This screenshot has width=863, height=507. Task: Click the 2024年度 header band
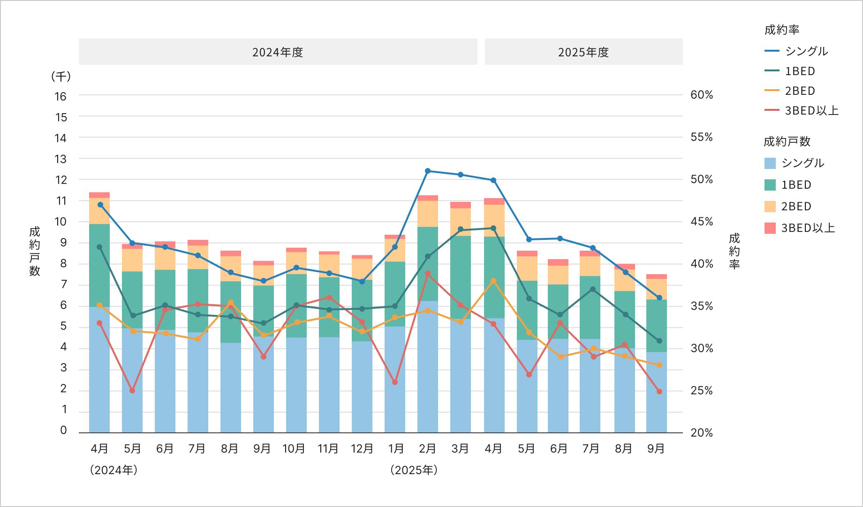278,52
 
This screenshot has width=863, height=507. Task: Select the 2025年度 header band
583,52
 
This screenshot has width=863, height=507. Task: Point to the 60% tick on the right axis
701,95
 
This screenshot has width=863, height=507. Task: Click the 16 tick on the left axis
61,97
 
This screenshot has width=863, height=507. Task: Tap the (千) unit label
61,77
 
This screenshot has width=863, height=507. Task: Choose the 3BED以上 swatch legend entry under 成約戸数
800,228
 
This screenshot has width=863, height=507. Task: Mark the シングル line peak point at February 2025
428,171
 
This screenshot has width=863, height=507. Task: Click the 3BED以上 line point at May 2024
132,391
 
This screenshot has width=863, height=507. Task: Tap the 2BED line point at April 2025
493,281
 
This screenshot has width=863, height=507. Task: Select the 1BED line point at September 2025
659,341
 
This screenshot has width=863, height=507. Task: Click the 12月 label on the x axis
362,449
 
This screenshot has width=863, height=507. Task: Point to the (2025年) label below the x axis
414,470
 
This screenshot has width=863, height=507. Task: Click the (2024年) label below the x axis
114,470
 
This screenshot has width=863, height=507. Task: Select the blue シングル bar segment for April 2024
99,371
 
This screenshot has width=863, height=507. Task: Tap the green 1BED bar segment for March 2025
461,277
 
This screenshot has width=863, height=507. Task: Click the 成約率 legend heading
781,30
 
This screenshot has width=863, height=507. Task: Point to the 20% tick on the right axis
701,433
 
